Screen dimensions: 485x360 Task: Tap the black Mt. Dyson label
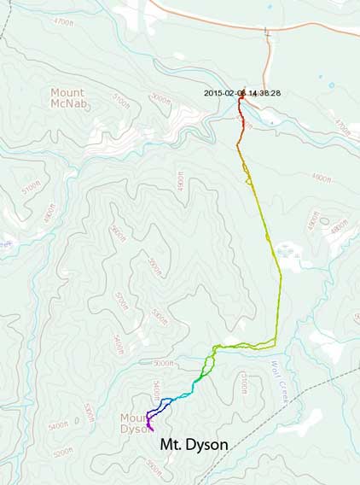[194, 444]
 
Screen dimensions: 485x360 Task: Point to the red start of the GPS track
[241, 100]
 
